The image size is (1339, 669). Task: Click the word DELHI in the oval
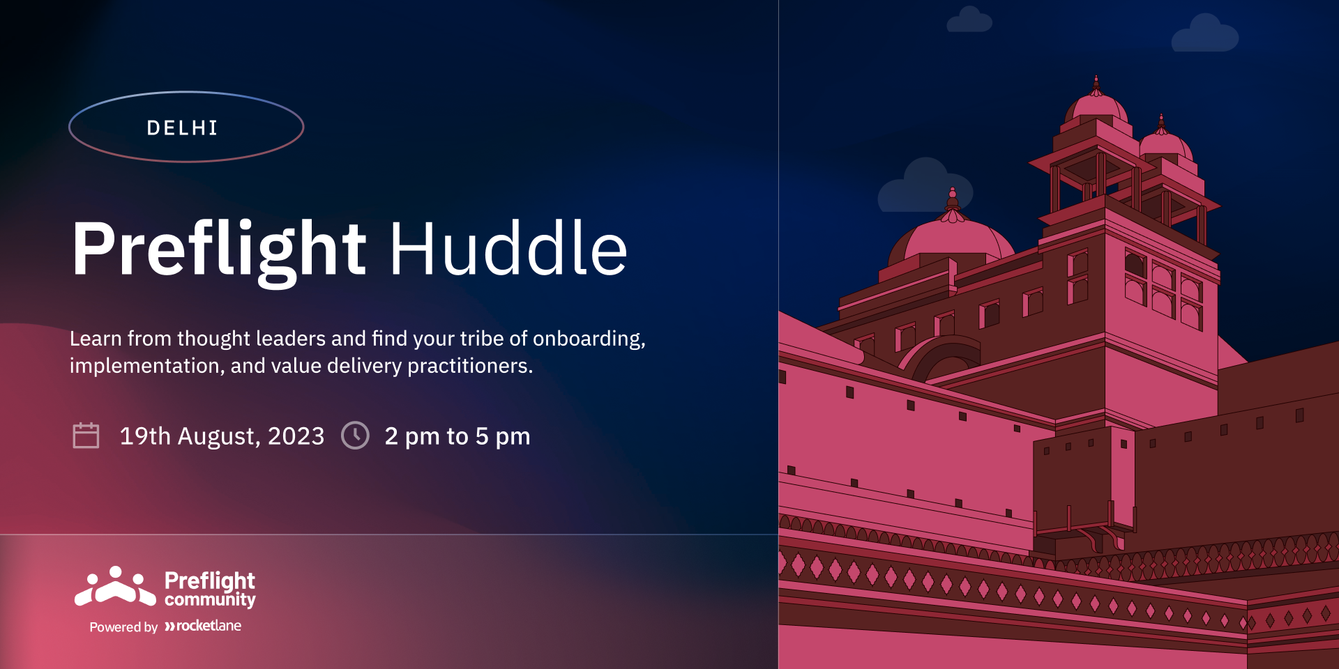(182, 128)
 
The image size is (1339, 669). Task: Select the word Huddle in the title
(508, 248)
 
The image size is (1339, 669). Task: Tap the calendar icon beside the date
(86, 436)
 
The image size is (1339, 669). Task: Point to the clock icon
(355, 436)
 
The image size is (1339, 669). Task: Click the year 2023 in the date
(296, 436)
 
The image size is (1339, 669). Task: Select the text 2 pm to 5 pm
(457, 437)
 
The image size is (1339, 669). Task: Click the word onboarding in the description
(589, 339)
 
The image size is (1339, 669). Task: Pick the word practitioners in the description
(470, 366)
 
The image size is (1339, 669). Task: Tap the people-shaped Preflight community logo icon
(116, 586)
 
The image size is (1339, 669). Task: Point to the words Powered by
(123, 627)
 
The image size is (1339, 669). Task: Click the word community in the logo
(210, 600)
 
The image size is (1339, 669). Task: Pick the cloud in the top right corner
(1204, 34)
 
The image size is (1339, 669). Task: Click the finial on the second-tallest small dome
(1161, 123)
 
